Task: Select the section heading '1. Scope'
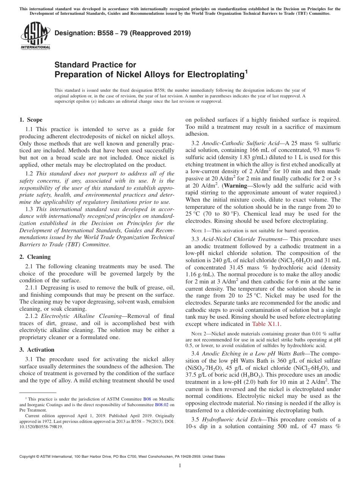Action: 31,120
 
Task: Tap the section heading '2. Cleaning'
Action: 35,257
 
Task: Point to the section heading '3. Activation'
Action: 37,350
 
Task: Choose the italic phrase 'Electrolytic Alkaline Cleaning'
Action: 78,316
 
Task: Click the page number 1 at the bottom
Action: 180,466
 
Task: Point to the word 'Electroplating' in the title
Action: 215,74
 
